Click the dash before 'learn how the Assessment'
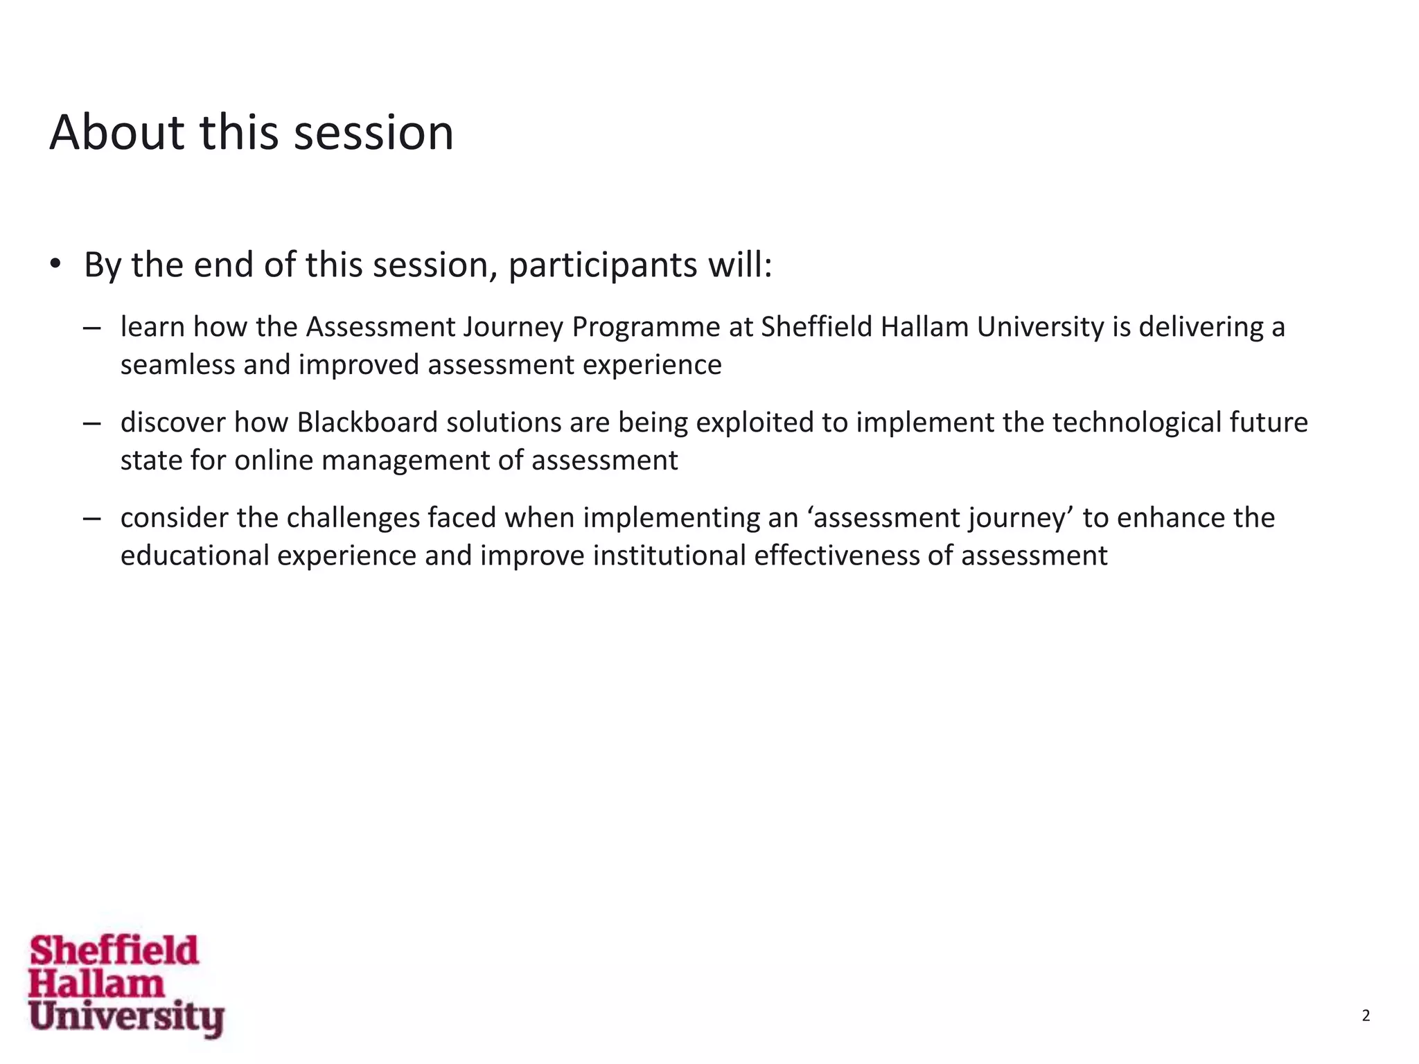coord(91,328)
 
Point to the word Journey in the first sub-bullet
coord(513,328)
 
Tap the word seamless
coord(177,365)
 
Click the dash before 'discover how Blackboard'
coord(91,423)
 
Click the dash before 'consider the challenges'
coord(91,519)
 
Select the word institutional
coord(669,556)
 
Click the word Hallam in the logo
coord(96,984)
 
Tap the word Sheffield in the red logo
coord(114,950)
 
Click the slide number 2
coord(1366,1016)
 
